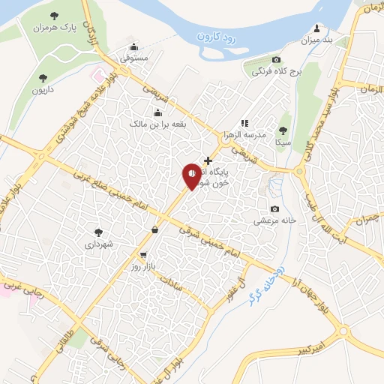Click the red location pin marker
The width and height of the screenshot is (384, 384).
[192, 176]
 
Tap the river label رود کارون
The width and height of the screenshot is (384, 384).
[217, 35]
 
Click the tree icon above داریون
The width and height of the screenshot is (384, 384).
[43, 77]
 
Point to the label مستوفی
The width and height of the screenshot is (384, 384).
[135, 57]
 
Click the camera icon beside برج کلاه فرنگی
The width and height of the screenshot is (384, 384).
[276, 60]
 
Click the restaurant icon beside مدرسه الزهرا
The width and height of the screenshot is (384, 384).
[244, 123]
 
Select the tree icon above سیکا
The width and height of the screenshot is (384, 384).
[283, 130]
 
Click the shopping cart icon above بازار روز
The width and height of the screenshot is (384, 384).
[142, 255]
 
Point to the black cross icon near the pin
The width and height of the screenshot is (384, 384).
[208, 160]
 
